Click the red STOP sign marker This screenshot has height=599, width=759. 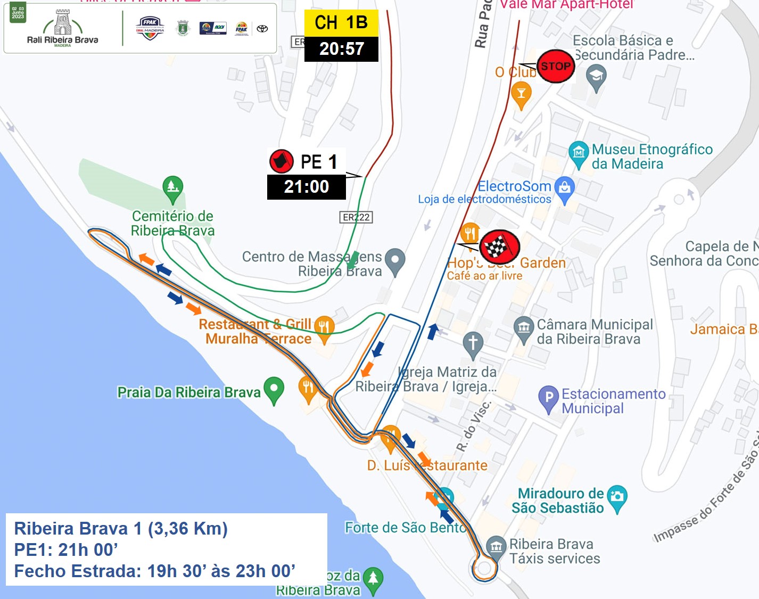[556, 67]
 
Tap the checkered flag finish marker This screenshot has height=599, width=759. [499, 247]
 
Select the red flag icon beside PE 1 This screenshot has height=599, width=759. [281, 161]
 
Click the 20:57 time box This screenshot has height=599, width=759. [341, 49]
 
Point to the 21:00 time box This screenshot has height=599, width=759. [306, 187]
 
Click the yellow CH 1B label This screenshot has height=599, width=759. [341, 23]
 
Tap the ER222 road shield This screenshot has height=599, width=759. [356, 217]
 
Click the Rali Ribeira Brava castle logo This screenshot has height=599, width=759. [63, 23]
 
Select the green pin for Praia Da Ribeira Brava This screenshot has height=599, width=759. [274, 390]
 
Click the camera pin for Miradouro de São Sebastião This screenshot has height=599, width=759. [617, 497]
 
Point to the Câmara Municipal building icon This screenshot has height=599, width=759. [524, 328]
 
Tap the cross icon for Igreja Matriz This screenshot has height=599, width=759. [473, 343]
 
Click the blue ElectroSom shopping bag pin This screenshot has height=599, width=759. [565, 188]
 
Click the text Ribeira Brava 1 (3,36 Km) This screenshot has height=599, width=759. [121, 529]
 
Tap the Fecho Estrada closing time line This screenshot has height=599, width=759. [154, 571]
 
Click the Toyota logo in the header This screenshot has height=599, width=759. [262, 29]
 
